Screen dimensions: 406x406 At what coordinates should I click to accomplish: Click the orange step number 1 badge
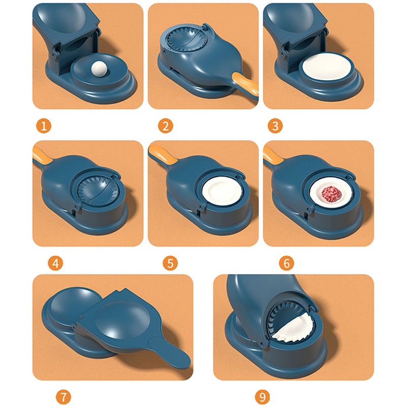point(44,126)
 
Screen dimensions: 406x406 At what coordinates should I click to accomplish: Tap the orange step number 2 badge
point(165,126)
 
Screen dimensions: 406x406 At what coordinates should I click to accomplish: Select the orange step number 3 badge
point(275,126)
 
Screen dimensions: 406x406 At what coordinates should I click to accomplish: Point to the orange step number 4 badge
point(55,263)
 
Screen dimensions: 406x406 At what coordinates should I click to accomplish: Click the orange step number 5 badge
point(170,263)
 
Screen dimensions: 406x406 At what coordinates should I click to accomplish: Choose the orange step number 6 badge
point(286,263)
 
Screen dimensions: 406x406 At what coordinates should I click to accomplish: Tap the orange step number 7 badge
point(63,396)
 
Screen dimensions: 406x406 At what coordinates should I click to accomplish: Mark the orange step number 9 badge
point(262,396)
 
